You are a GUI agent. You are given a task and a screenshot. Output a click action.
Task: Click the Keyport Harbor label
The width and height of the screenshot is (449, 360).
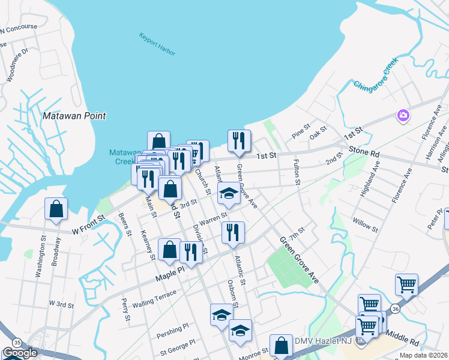157,44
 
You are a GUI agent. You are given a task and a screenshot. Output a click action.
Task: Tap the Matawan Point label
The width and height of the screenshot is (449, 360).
74,116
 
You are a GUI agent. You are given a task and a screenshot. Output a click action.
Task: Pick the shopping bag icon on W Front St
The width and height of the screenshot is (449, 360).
56,209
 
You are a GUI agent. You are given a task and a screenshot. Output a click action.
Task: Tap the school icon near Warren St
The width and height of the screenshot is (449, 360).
228,193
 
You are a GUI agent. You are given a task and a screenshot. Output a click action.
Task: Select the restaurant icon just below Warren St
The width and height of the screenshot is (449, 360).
233,232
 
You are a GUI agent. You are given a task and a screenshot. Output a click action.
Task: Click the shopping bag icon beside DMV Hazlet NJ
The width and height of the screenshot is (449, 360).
280,346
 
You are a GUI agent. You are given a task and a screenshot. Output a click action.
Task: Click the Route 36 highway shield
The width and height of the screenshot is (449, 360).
394,308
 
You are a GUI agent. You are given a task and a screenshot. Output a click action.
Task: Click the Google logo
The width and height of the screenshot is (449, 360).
20,353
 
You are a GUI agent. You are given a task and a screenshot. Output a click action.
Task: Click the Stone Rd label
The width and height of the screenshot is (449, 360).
364,154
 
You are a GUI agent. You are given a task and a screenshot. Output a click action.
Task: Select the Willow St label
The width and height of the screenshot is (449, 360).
366,226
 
